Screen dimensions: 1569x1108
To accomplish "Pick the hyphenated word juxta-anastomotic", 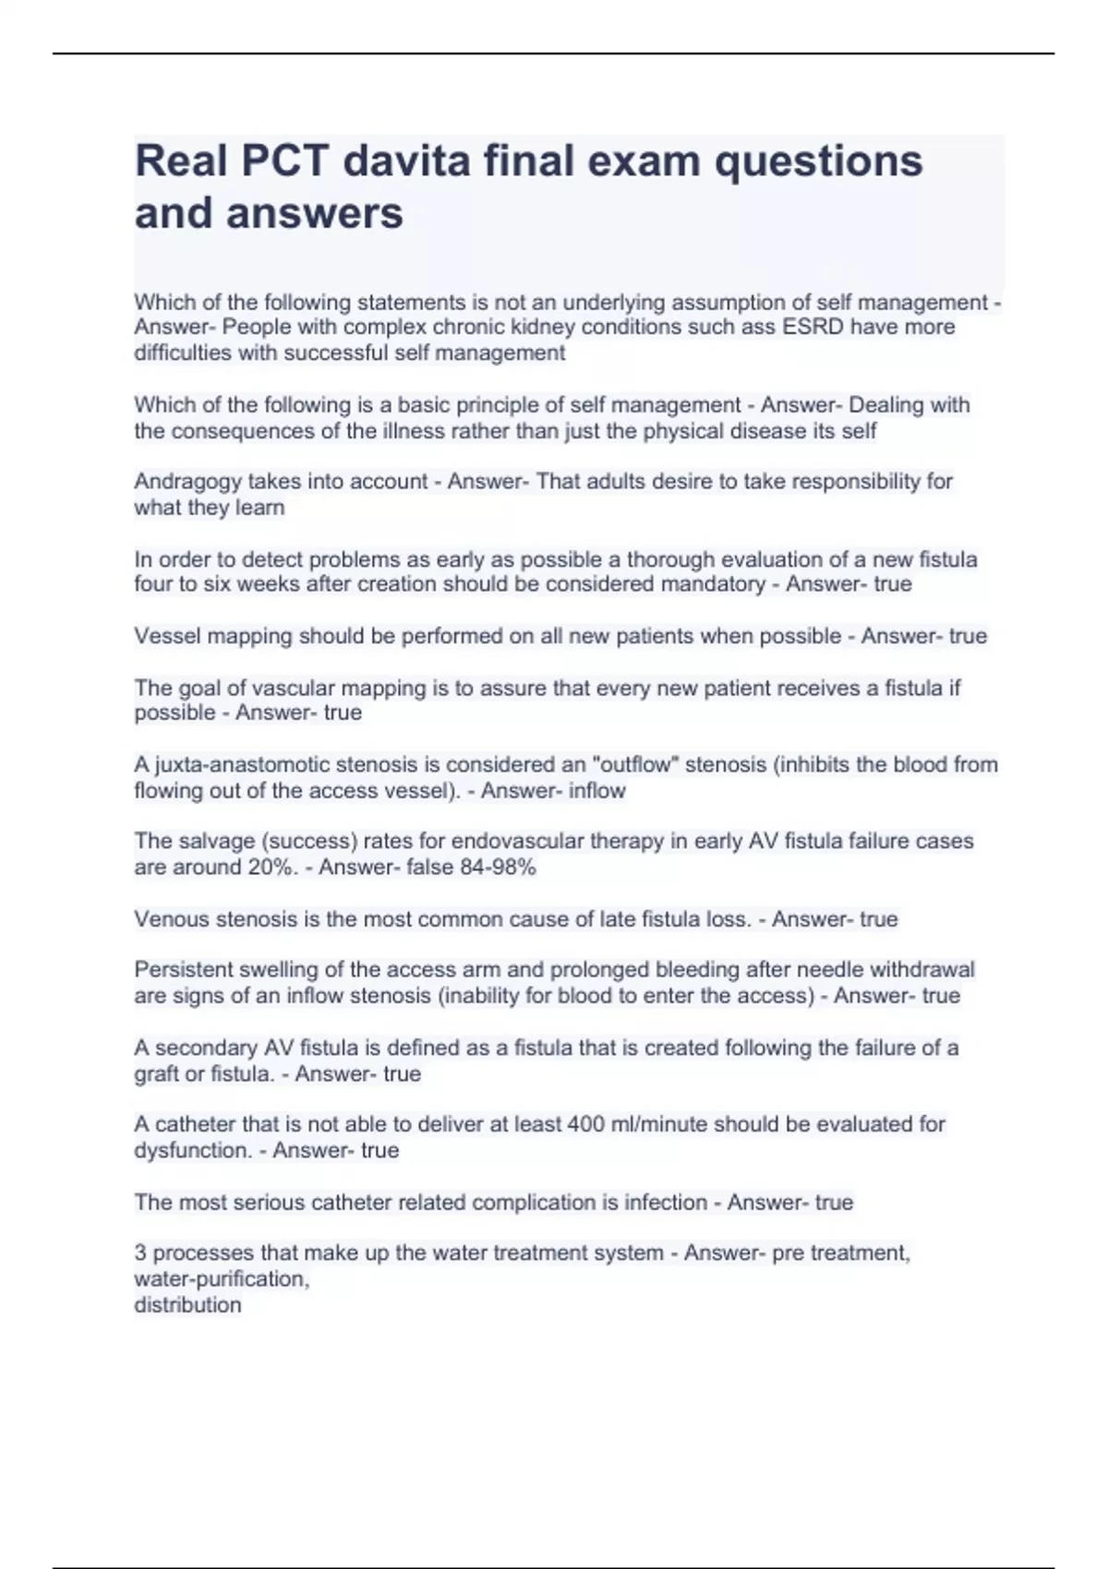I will click(x=243, y=765).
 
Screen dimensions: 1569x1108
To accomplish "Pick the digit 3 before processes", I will click(x=140, y=1253).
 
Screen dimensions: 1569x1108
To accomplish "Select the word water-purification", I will click(x=221, y=1279).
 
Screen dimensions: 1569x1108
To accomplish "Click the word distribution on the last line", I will click(x=187, y=1305).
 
